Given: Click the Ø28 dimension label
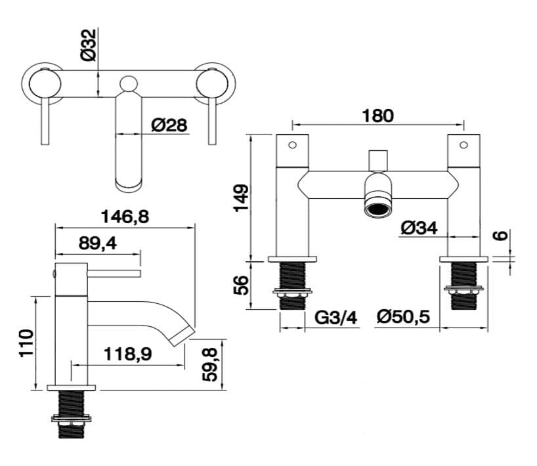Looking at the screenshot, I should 169,125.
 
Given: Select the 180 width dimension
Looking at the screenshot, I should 377,116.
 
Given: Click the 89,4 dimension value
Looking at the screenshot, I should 97,244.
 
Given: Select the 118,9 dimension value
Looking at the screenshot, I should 127,354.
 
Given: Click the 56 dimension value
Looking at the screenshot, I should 242,284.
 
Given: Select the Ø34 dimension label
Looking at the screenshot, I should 418,228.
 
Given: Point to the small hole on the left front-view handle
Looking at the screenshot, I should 293,144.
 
